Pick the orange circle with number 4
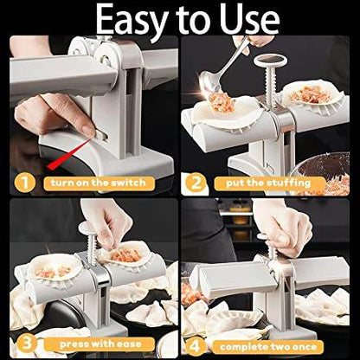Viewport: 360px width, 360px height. click(196, 342)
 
